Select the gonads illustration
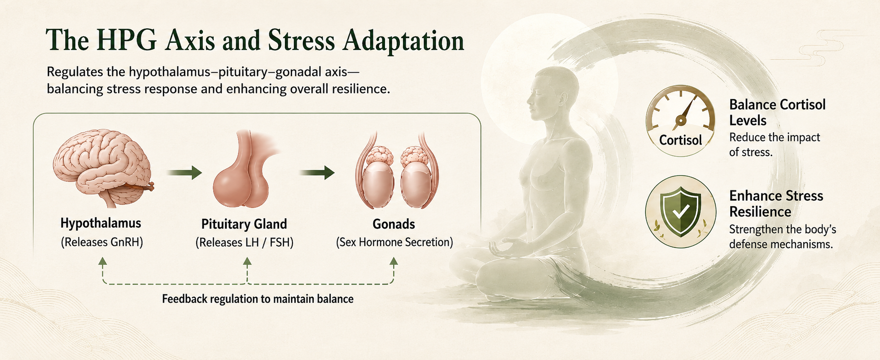pyautogui.click(x=397, y=171)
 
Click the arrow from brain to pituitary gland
pyautogui.click(x=184, y=172)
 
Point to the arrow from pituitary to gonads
pyautogui.click(x=317, y=172)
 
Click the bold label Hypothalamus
pyautogui.click(x=101, y=223)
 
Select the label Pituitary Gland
pyautogui.click(x=244, y=224)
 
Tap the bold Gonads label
pyautogui.click(x=394, y=224)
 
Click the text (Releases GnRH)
pyautogui.click(x=102, y=242)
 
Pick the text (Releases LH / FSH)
pyautogui.click(x=245, y=243)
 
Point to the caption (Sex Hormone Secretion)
pyautogui.click(x=394, y=242)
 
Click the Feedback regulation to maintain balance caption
pyautogui.click(x=258, y=299)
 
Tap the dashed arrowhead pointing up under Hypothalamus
pyautogui.click(x=103, y=261)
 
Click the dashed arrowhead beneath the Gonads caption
pyautogui.click(x=394, y=261)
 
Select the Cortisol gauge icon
pyautogui.click(x=680, y=120)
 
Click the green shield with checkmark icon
pyautogui.click(x=680, y=211)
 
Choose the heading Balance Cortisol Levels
pyautogui.click(x=777, y=112)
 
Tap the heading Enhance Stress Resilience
pyautogui.click(x=776, y=203)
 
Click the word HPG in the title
pyautogui.click(x=127, y=40)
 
